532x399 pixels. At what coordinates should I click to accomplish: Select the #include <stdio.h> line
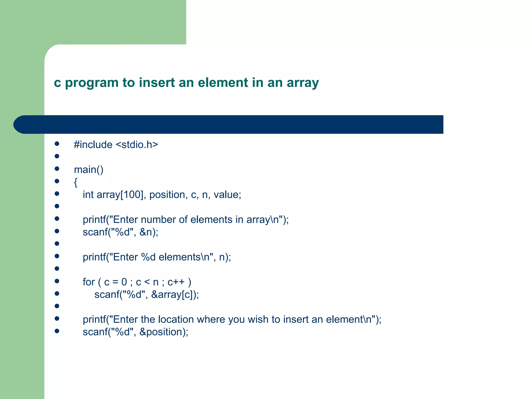[116, 145]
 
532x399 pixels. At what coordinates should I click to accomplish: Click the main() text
[89, 170]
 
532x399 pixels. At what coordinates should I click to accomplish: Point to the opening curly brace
[76, 182]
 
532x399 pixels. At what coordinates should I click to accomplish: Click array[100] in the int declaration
[120, 195]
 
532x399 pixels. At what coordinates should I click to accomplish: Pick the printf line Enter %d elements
[157, 257]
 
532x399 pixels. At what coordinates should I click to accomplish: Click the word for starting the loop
[89, 282]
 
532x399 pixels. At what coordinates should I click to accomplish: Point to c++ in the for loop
[176, 282]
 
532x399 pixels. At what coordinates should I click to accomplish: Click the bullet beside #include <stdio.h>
[57, 144]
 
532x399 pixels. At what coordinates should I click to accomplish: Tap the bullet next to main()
[57, 169]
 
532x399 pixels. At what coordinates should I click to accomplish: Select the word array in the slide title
[303, 83]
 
